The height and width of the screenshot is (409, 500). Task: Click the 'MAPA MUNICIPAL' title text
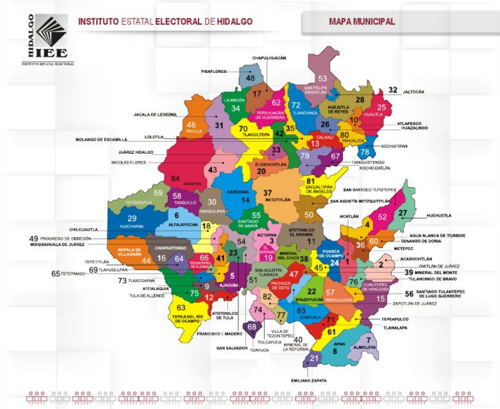click(362, 21)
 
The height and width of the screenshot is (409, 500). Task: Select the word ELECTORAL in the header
click(178, 21)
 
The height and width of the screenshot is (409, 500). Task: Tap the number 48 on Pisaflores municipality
click(250, 78)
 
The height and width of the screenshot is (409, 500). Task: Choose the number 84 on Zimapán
click(175, 178)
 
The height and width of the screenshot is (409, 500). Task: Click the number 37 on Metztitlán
click(268, 193)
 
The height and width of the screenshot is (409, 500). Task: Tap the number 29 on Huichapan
click(132, 218)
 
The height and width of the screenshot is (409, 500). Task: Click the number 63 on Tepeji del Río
click(181, 307)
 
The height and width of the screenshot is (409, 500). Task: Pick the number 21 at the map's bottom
click(314, 358)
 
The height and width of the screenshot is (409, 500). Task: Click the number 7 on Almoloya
click(368, 340)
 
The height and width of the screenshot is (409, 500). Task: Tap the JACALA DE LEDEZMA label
click(155, 114)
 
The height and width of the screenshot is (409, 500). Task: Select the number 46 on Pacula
click(191, 125)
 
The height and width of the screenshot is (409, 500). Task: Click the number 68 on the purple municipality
click(251, 326)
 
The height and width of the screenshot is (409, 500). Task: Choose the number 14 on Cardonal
click(245, 200)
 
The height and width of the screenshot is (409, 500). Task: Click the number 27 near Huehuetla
click(403, 213)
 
